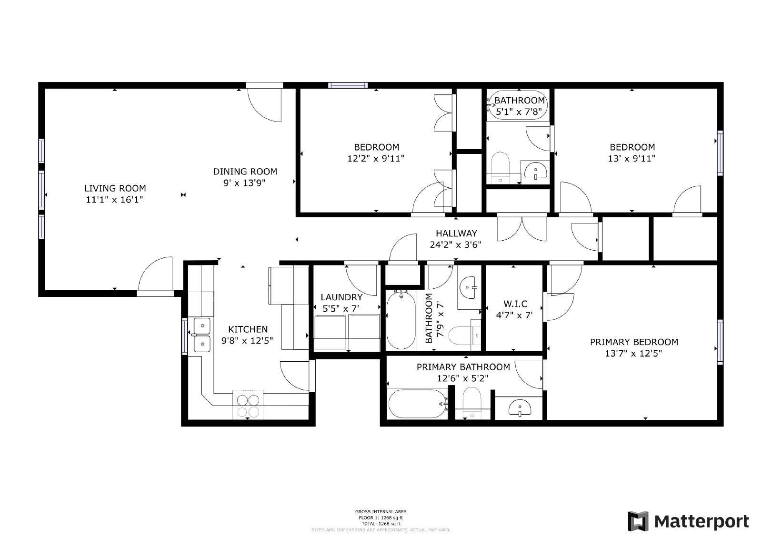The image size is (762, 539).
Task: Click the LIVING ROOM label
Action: pyautogui.click(x=115, y=188)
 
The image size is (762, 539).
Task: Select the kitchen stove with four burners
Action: pyautogui.click(x=248, y=405)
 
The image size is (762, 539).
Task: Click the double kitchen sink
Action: pyautogui.click(x=202, y=335)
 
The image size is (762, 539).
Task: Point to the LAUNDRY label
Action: pyautogui.click(x=341, y=297)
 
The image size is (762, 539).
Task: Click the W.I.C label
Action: pyautogui.click(x=515, y=304)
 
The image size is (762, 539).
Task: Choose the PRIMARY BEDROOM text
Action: pyautogui.click(x=633, y=342)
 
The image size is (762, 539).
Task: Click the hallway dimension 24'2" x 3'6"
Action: pyautogui.click(x=456, y=245)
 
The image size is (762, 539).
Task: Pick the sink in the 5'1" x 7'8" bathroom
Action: pyautogui.click(x=536, y=171)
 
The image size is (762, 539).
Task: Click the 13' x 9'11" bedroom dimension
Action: pyautogui.click(x=632, y=158)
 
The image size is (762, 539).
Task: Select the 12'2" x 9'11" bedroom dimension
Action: pyautogui.click(x=376, y=158)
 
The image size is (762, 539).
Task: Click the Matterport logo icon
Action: pyautogui.click(x=638, y=521)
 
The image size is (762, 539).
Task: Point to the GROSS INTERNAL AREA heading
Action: pyautogui.click(x=381, y=512)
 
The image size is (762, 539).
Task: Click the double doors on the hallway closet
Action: pyautogui.click(x=521, y=229)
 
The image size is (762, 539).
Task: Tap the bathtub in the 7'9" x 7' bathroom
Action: pyautogui.click(x=401, y=320)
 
